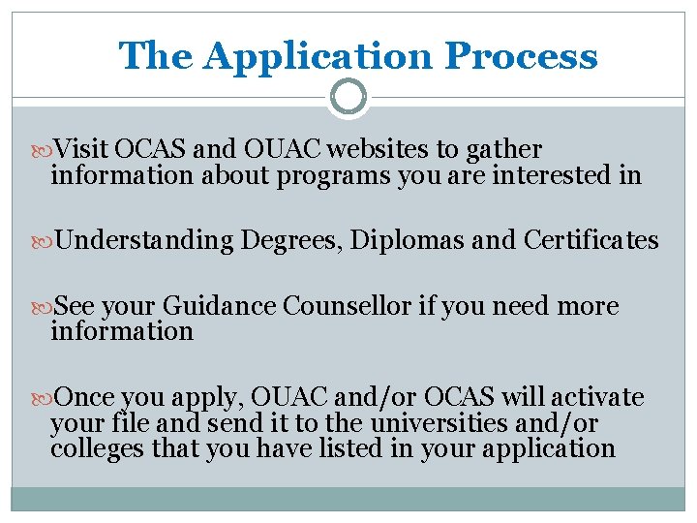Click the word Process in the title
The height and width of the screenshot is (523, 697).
(521, 56)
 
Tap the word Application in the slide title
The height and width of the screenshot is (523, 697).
(319, 56)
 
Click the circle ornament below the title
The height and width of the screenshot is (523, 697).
(348, 97)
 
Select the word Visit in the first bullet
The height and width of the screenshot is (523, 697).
(82, 149)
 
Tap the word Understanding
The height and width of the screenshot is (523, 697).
(144, 239)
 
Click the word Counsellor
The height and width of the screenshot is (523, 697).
(348, 306)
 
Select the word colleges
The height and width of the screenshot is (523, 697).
(94, 448)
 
